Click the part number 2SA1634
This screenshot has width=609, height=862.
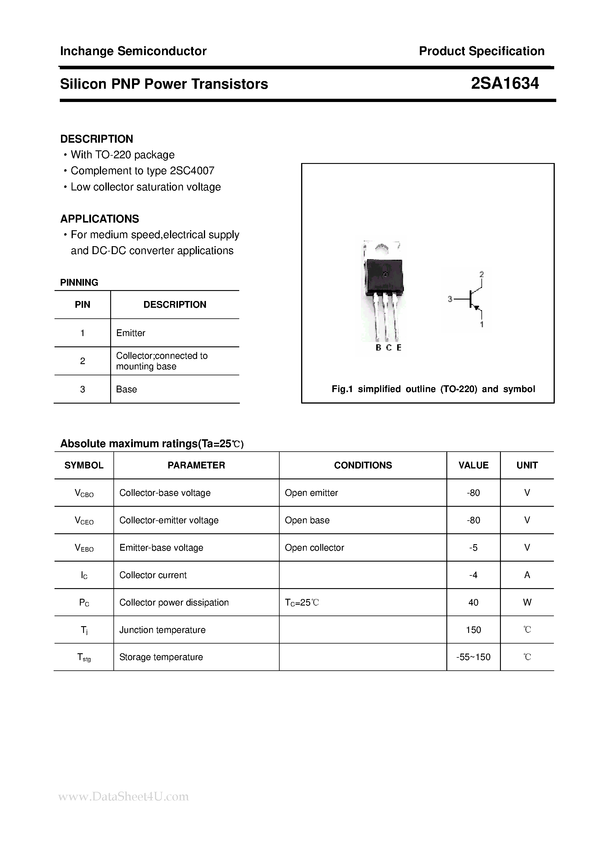pos(504,83)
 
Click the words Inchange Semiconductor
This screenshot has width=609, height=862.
pos(133,51)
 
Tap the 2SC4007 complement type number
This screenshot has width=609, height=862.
pos(192,171)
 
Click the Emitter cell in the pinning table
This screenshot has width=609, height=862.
pos(131,333)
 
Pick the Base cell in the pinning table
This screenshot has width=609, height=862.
pos(126,389)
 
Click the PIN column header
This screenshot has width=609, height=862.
pos(82,305)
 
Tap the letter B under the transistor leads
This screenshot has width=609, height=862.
pos(378,348)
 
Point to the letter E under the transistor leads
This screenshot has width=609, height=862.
pos(399,348)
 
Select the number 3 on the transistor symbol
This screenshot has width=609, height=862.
pos(450,299)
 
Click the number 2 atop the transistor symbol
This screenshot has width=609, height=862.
pos(481,274)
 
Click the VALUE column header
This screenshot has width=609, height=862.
pos(473,465)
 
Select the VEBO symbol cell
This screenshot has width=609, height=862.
pos(84,548)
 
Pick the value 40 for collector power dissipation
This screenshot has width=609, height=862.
pos(473,603)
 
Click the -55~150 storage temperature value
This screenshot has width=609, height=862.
pos(473,657)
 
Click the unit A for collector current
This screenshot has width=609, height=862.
pos(527,575)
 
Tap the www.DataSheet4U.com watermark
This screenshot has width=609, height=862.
pos(124,796)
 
